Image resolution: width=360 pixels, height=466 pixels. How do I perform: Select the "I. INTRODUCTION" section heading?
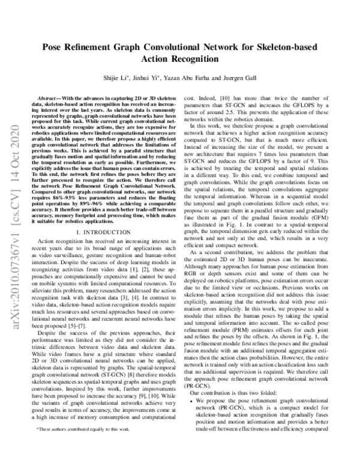(104, 229)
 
